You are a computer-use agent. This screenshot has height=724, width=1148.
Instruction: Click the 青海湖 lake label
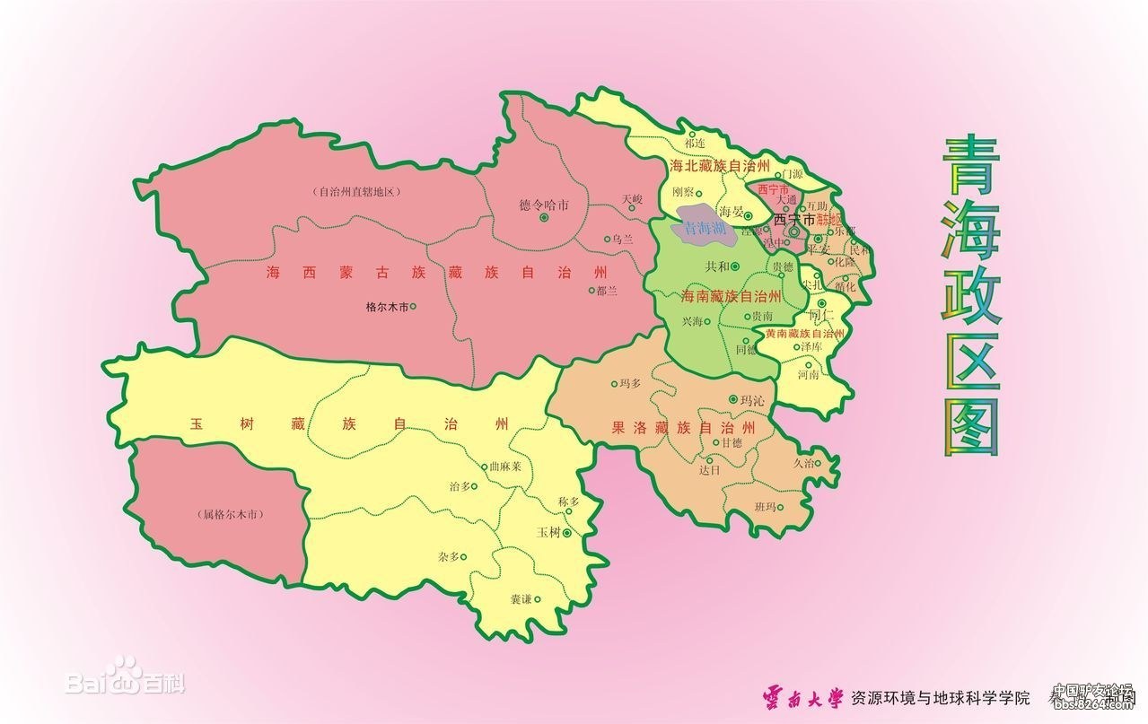point(705,228)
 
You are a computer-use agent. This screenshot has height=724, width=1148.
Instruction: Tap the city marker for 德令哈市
point(544,216)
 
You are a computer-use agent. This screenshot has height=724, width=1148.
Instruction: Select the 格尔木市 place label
point(387,307)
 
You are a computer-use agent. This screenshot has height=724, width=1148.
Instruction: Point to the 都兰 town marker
point(591,290)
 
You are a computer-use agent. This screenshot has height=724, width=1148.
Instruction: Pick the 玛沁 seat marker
point(733,399)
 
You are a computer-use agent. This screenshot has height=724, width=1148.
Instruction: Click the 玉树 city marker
point(566,533)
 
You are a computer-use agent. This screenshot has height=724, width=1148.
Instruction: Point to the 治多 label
point(459,486)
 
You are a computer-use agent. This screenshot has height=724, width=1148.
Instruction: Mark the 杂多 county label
point(449,557)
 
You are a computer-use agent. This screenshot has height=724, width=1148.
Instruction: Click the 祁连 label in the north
point(694,144)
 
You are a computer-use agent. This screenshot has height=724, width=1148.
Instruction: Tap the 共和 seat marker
point(735,266)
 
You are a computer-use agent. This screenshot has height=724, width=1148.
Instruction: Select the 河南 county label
point(808,376)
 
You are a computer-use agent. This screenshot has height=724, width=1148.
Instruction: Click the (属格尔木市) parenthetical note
point(232,515)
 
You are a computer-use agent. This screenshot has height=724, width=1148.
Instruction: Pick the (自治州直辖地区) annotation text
point(355,192)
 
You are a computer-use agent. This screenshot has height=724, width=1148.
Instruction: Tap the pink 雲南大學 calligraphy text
point(803,696)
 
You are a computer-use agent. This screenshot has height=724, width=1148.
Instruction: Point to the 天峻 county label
point(632,198)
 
